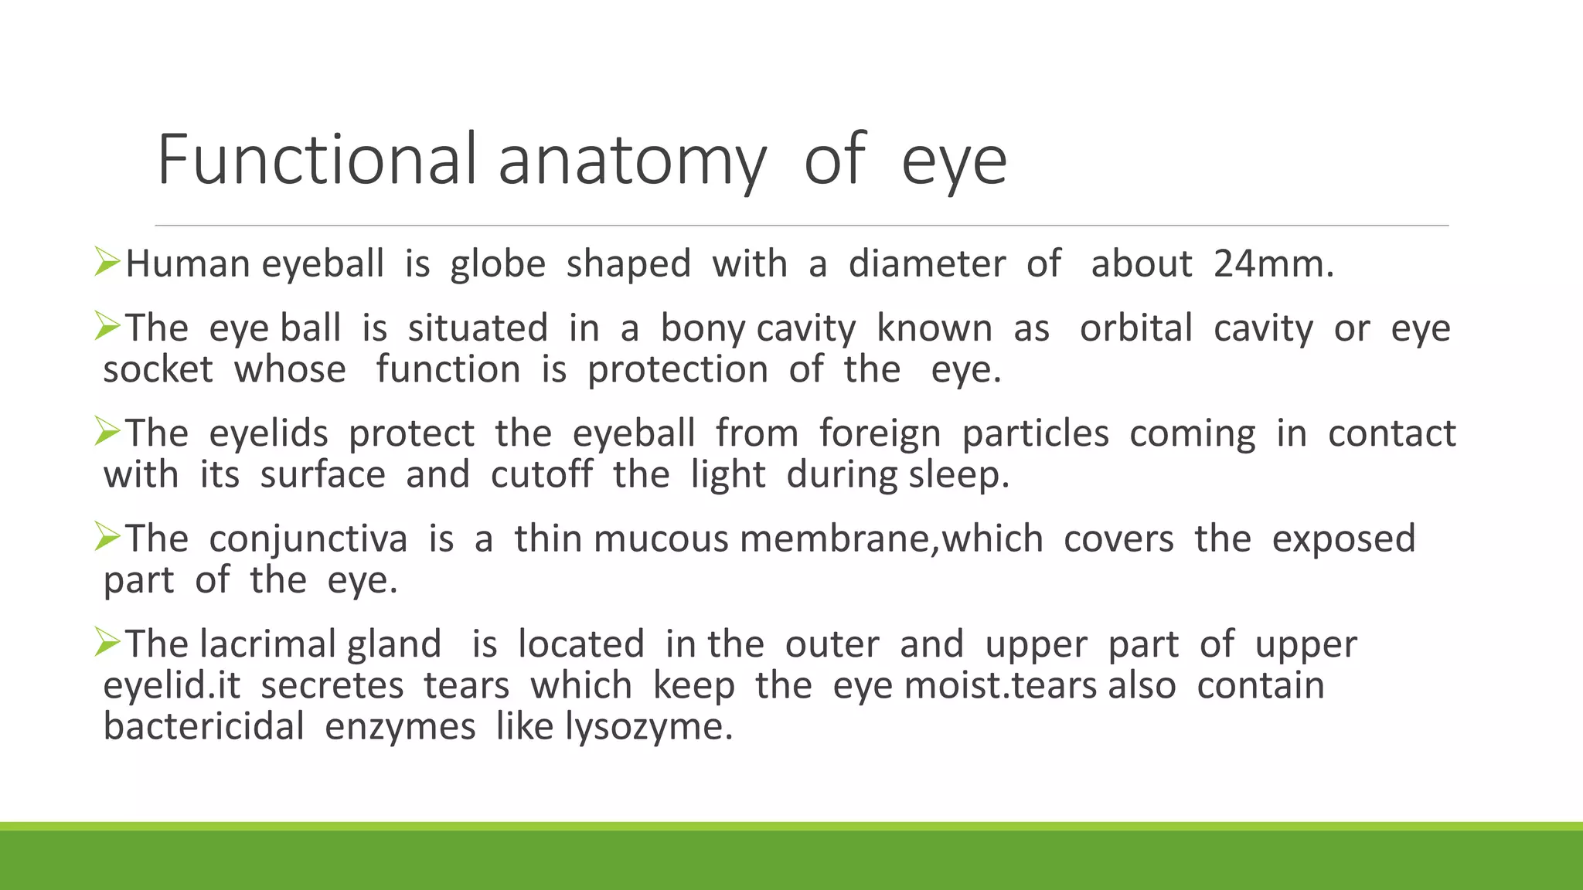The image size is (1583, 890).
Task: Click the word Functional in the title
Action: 317,160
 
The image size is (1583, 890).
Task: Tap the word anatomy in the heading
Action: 631,162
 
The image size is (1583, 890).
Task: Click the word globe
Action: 498,264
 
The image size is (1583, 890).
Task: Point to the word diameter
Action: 927,264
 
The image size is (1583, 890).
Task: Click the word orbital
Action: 1136,328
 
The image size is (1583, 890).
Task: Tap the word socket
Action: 158,370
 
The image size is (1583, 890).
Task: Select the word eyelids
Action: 268,434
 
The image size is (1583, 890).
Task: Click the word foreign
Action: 880,434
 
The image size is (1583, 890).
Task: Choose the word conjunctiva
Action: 308,539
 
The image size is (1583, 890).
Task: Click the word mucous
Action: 661,539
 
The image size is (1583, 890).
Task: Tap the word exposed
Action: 1343,539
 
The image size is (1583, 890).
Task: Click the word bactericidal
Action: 203,727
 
